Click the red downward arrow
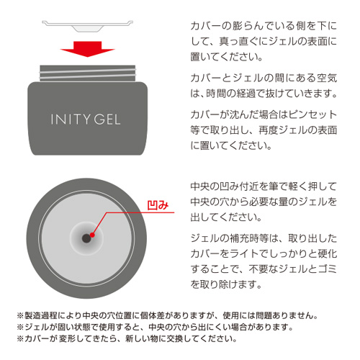click(x=89, y=53)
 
